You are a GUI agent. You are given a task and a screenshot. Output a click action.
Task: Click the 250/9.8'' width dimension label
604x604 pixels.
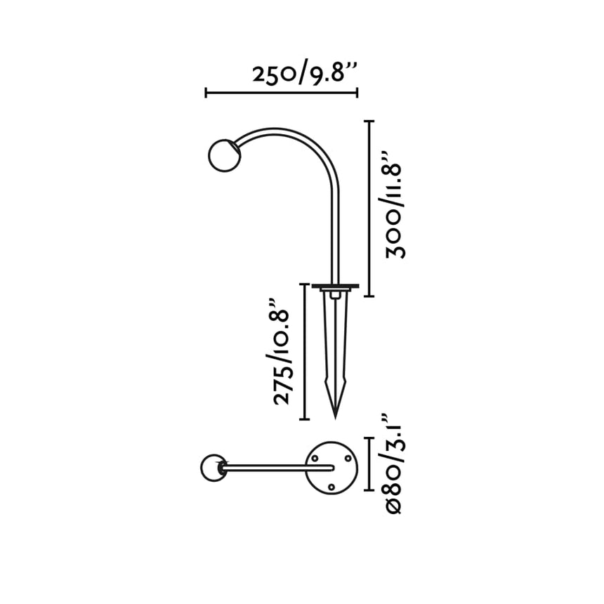307,73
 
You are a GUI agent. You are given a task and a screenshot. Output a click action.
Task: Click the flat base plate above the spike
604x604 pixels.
335,287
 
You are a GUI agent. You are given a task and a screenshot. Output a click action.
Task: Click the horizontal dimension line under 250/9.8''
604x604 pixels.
281,93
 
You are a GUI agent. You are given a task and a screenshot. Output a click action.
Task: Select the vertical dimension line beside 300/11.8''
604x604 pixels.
369,209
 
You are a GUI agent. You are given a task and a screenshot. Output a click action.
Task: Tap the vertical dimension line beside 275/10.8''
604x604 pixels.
304,351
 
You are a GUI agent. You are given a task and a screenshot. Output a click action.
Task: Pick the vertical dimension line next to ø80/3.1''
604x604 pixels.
369,463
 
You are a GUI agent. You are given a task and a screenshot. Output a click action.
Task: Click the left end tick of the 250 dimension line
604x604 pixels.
206,93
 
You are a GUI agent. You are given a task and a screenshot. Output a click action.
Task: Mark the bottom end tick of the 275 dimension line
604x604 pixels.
304,419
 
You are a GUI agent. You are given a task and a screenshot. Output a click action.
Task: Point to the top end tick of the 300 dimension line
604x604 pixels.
369,122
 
